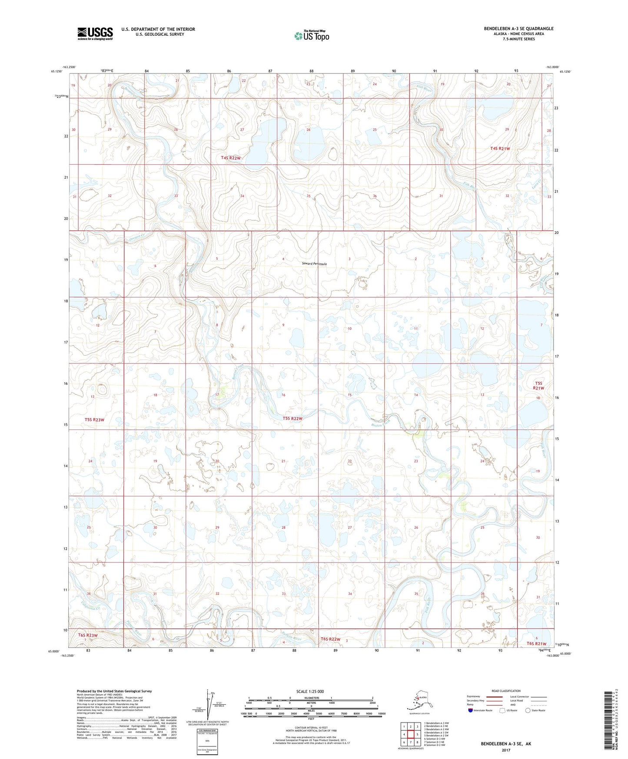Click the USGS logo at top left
[x=95, y=33]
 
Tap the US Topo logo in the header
[x=311, y=35]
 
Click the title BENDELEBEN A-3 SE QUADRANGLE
[x=518, y=29]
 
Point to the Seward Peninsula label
[x=315, y=264]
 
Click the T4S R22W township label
[x=230, y=158]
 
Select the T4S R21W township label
[x=500, y=148]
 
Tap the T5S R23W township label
[x=94, y=419]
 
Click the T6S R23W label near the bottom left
[x=88, y=635]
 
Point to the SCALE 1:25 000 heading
[x=310, y=691]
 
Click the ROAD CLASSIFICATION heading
[x=505, y=691]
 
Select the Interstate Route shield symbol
[x=470, y=710]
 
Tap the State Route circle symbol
[x=528, y=710]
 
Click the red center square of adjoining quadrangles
[x=410, y=735]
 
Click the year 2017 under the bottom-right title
[x=505, y=750]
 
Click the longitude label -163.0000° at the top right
[x=552, y=67]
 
